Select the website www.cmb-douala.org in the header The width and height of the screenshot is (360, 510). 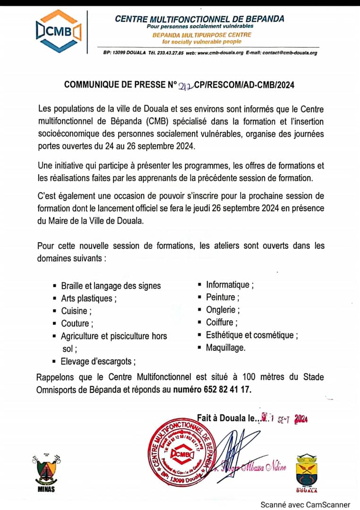click(x=221, y=52)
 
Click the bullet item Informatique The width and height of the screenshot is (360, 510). click(x=230, y=285)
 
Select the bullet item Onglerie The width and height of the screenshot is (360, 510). click(x=223, y=310)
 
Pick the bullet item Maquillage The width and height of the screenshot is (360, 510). click(x=226, y=348)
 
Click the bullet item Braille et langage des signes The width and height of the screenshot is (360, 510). click(x=111, y=286)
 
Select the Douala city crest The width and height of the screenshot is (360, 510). click(x=307, y=473)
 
